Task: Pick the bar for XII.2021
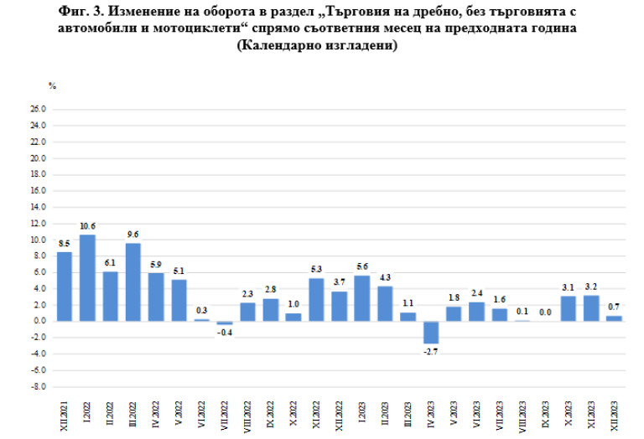65,287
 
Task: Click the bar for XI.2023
590,308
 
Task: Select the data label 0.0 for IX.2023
544,312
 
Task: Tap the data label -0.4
224,332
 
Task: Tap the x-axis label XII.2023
614,415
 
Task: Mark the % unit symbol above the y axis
52,86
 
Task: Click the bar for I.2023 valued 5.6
362,298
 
